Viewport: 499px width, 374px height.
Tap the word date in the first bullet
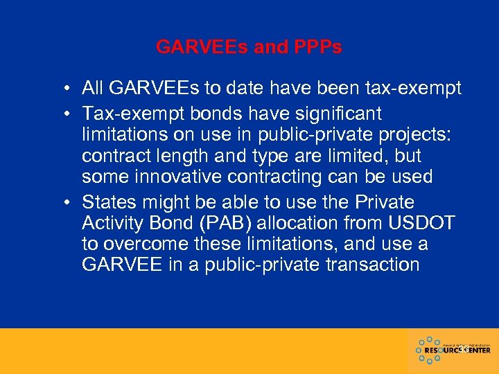240,89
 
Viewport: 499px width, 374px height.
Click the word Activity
112,223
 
